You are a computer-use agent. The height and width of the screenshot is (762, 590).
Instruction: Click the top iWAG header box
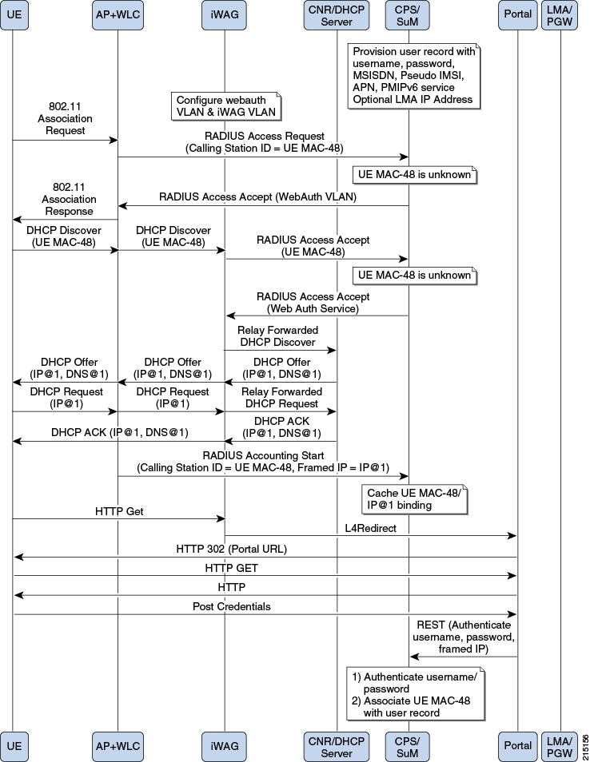pyautogui.click(x=224, y=14)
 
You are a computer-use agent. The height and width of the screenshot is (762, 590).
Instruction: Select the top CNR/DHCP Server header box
pyautogui.click(x=336, y=15)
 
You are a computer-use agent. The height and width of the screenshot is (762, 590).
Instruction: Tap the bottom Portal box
pyautogui.click(x=517, y=746)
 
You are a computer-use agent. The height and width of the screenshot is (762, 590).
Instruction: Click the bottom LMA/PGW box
pyautogui.click(x=560, y=746)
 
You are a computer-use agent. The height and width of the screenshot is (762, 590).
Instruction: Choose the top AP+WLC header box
pyautogui.click(x=118, y=14)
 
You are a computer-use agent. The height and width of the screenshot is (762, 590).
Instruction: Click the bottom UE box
pyautogui.click(x=14, y=746)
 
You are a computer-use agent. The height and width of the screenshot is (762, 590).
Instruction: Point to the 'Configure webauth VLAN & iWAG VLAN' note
pyautogui.click(x=226, y=106)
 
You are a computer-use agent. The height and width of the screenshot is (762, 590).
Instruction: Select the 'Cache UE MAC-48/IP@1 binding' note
pyautogui.click(x=414, y=499)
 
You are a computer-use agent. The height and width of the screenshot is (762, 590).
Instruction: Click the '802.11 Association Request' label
pyautogui.click(x=66, y=118)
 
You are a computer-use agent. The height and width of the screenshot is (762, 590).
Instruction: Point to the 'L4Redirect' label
pyautogui.click(x=371, y=528)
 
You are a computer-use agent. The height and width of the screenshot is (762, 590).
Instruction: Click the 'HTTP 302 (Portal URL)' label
pyautogui.click(x=232, y=550)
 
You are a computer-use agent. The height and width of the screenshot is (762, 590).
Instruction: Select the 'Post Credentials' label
pyautogui.click(x=232, y=606)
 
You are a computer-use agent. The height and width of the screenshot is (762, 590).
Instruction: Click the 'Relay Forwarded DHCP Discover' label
pyautogui.click(x=277, y=336)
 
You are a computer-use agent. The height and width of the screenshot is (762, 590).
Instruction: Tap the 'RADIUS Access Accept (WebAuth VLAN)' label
pyautogui.click(x=257, y=196)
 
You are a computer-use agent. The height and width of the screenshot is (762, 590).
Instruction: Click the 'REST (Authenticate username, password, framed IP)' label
pyautogui.click(x=464, y=637)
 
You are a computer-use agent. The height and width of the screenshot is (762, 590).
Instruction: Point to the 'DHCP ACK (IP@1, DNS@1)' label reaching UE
pyautogui.click(x=120, y=432)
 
